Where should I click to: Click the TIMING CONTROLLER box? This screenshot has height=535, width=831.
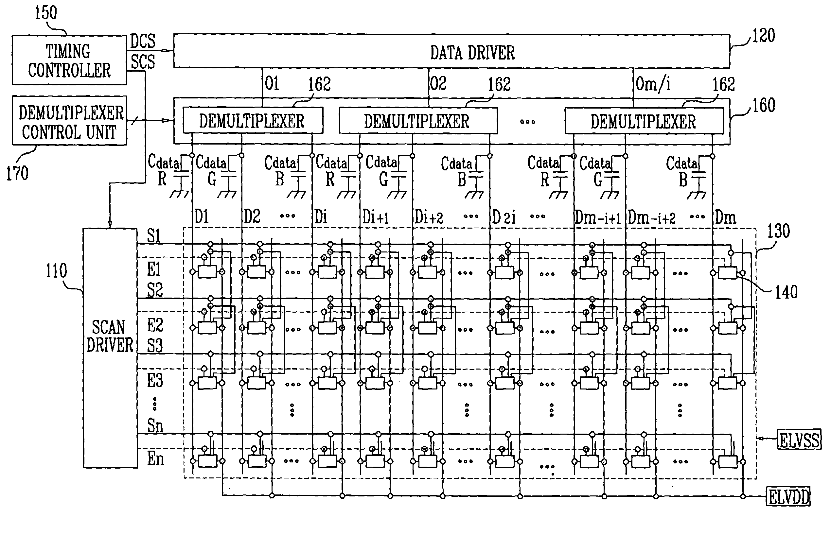coord(69,60)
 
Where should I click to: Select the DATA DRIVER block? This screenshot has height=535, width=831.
coord(451,51)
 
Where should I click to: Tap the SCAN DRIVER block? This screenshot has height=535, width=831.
coord(110,348)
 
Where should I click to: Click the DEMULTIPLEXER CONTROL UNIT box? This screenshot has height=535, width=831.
coord(69,121)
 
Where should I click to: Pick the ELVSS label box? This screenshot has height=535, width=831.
coord(799,440)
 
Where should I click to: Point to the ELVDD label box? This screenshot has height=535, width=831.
coord(788,497)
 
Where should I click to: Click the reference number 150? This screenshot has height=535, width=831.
coord(45,13)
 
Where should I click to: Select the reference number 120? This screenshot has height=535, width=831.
coord(763,36)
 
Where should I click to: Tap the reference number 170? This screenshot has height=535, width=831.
coord(17,173)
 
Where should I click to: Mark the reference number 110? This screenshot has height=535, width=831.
coord(56,271)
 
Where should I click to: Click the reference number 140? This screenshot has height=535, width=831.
coord(786,292)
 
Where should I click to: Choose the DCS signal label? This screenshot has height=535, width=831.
coord(143,41)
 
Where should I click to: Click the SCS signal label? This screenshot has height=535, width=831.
coord(143,62)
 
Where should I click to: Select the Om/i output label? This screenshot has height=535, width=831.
coord(653,84)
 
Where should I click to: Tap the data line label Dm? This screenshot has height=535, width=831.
coord(725,218)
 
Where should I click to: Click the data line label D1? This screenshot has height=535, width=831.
coord(202,217)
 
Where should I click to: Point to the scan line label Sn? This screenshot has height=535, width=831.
coord(155,425)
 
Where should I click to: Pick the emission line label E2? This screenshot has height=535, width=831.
coord(155,325)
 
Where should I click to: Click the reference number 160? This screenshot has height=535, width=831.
coord(764,105)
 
